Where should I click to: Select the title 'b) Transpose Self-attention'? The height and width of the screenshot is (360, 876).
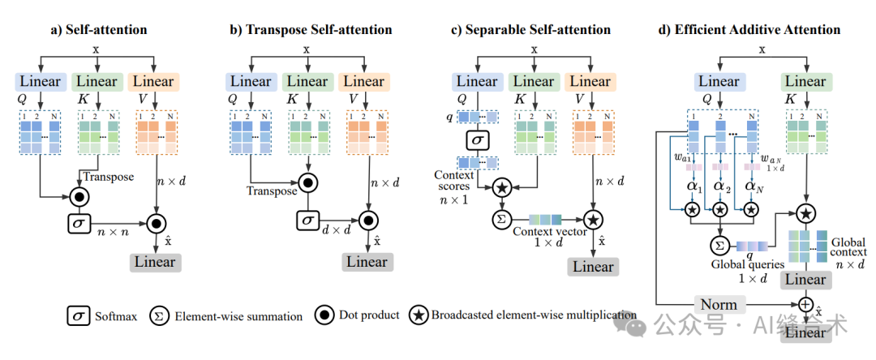(x=311, y=30)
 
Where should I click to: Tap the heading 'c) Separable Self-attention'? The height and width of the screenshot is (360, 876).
(x=532, y=30)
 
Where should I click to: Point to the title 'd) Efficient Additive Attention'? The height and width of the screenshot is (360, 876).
(x=749, y=30)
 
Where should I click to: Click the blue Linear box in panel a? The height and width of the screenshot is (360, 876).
(x=41, y=81)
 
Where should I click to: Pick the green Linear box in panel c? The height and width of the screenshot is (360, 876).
(x=533, y=81)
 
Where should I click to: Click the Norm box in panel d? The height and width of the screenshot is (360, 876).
(x=719, y=304)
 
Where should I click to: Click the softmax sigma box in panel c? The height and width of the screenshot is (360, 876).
(x=476, y=140)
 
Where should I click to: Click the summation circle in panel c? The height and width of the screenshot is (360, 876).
(x=500, y=219)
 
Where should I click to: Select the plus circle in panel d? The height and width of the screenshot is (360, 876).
(x=806, y=304)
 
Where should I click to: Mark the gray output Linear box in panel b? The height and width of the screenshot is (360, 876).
(x=367, y=262)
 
